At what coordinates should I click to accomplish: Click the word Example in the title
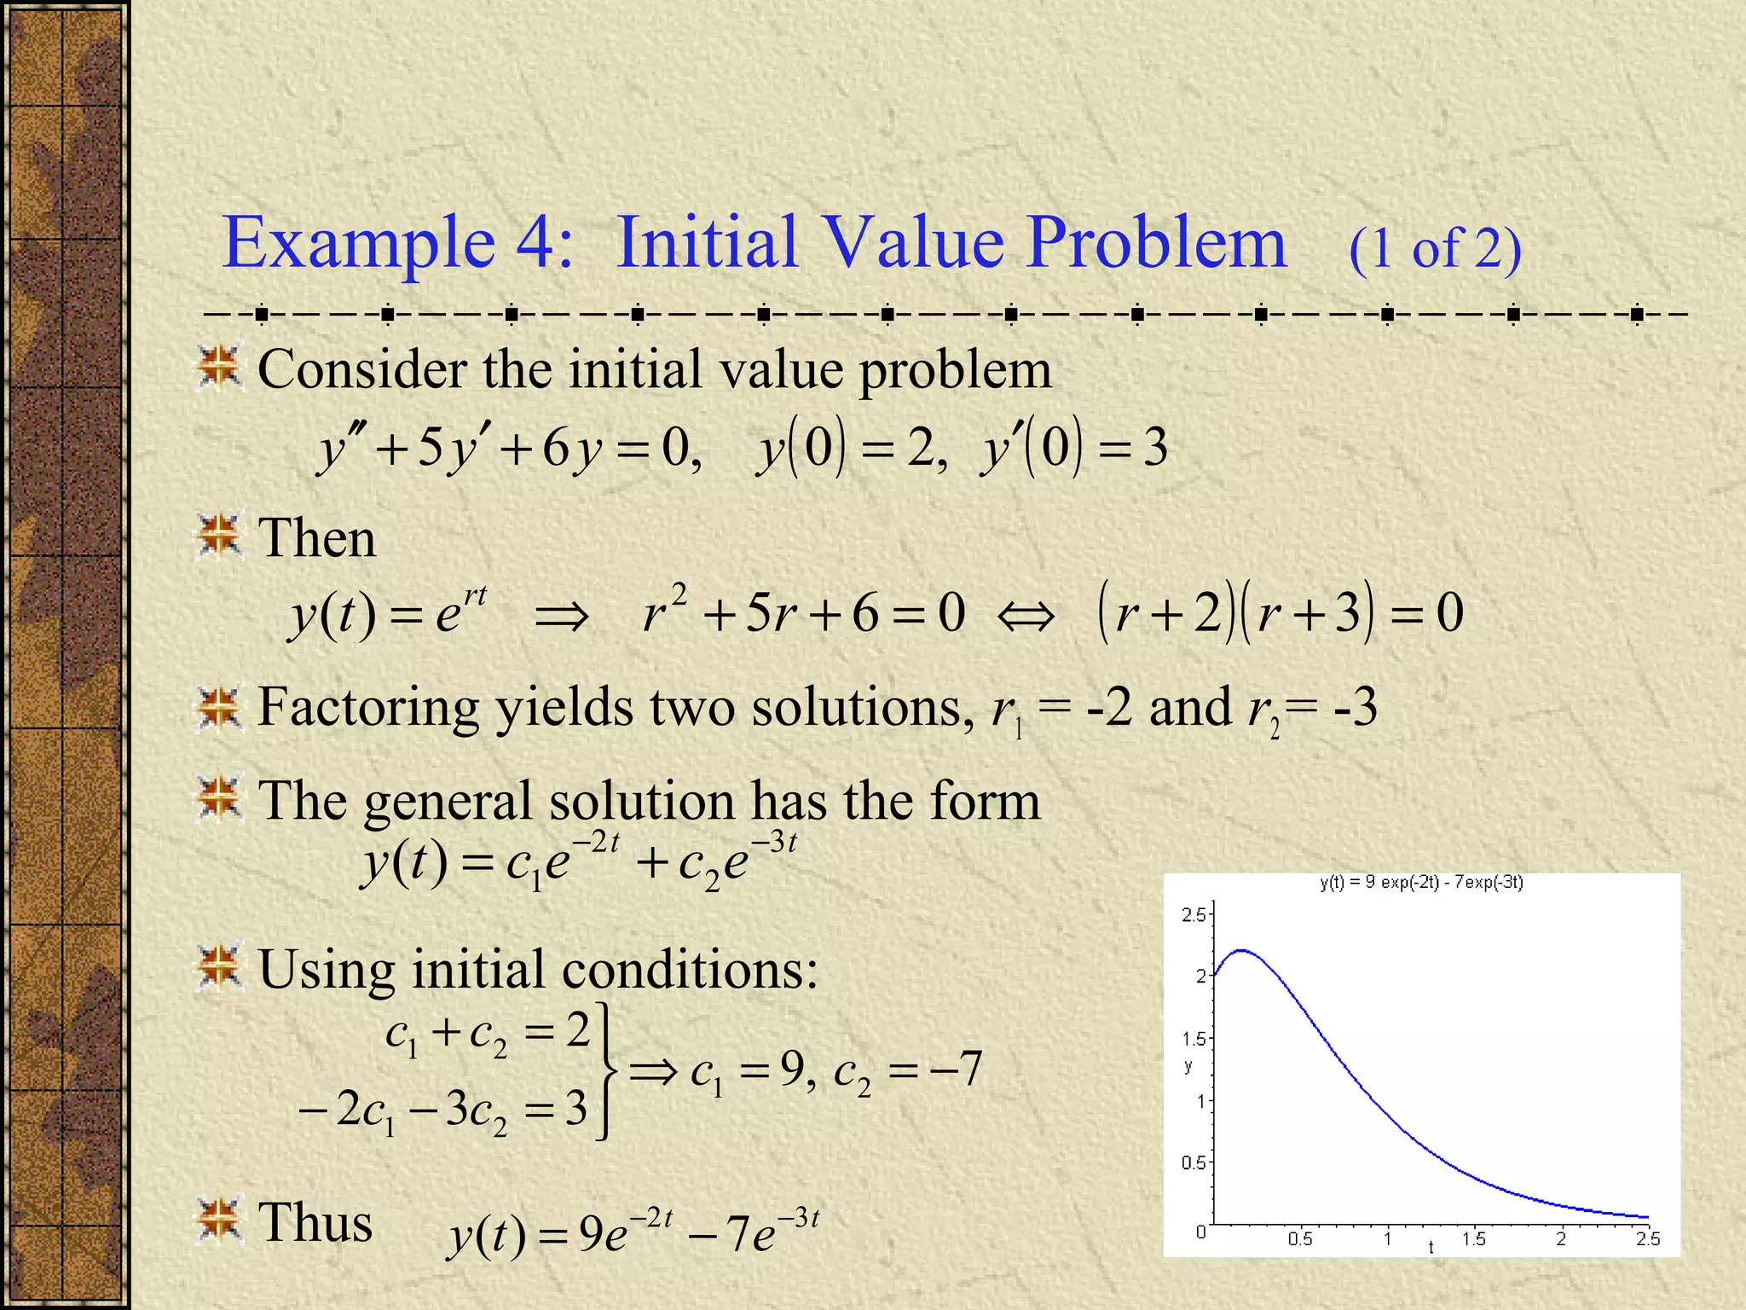tap(358, 243)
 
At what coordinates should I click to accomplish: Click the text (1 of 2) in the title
tap(1435, 249)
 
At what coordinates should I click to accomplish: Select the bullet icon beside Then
tap(219, 536)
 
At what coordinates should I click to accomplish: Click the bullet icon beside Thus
tap(219, 1220)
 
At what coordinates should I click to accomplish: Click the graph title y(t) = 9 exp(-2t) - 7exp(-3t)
tap(1421, 883)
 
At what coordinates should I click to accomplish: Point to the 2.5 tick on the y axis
tap(1194, 915)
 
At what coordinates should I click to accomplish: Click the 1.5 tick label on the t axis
tap(1473, 1238)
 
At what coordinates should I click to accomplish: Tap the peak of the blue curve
tap(1242, 950)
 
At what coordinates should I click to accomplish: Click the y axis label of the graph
tap(1188, 1066)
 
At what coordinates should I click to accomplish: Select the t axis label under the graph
tap(1431, 1248)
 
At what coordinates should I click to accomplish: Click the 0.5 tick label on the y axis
tap(1194, 1162)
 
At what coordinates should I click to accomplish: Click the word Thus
tap(315, 1222)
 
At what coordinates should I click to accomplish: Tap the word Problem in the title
tap(1156, 243)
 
